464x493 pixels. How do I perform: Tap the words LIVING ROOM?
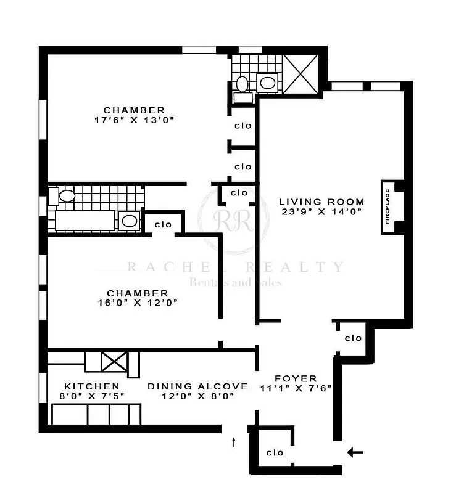click(x=321, y=202)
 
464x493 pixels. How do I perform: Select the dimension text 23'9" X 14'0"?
click(x=321, y=211)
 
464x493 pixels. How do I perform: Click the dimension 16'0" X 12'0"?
click(x=137, y=303)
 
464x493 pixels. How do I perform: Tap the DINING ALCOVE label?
click(x=197, y=386)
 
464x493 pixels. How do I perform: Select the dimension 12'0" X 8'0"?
click(x=197, y=396)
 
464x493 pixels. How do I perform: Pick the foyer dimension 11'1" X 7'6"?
click(x=296, y=388)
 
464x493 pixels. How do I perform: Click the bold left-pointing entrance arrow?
click(x=355, y=453)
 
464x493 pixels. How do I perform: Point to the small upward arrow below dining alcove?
click(x=234, y=441)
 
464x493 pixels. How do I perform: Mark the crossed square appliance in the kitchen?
click(x=114, y=361)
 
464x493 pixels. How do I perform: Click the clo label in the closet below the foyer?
click(x=275, y=453)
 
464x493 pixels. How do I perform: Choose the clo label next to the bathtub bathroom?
click(x=163, y=224)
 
